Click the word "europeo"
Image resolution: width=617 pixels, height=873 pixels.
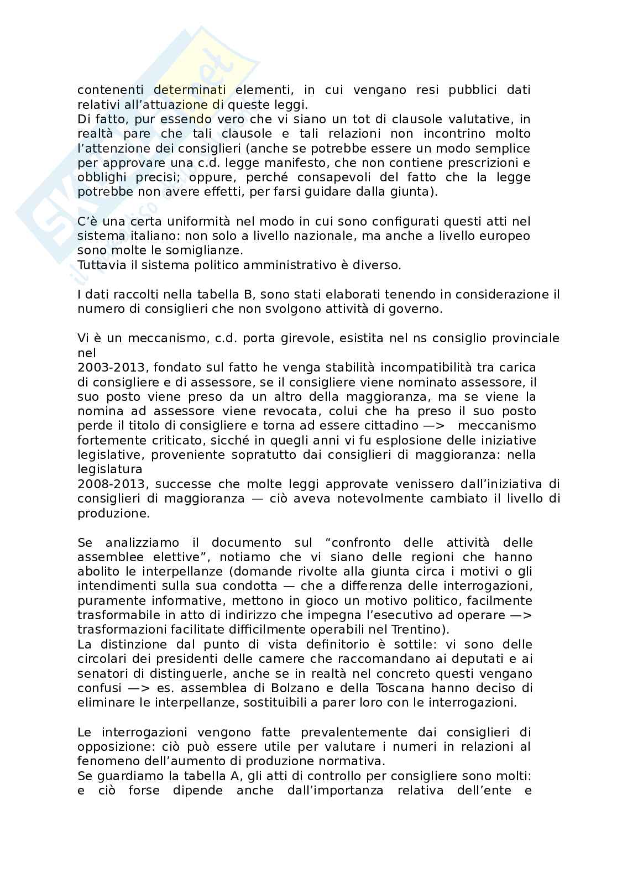(x=506, y=236)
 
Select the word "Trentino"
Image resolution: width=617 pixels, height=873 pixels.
(x=417, y=629)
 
